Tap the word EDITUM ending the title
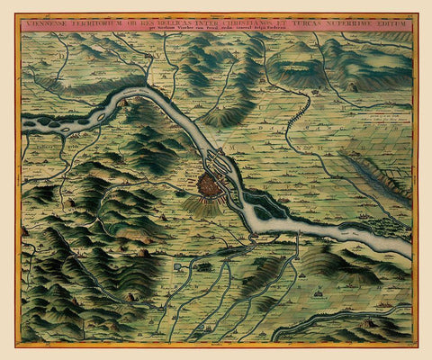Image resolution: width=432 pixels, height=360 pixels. coord(402,25)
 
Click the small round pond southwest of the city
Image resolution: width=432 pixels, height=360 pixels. coord(180,266)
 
